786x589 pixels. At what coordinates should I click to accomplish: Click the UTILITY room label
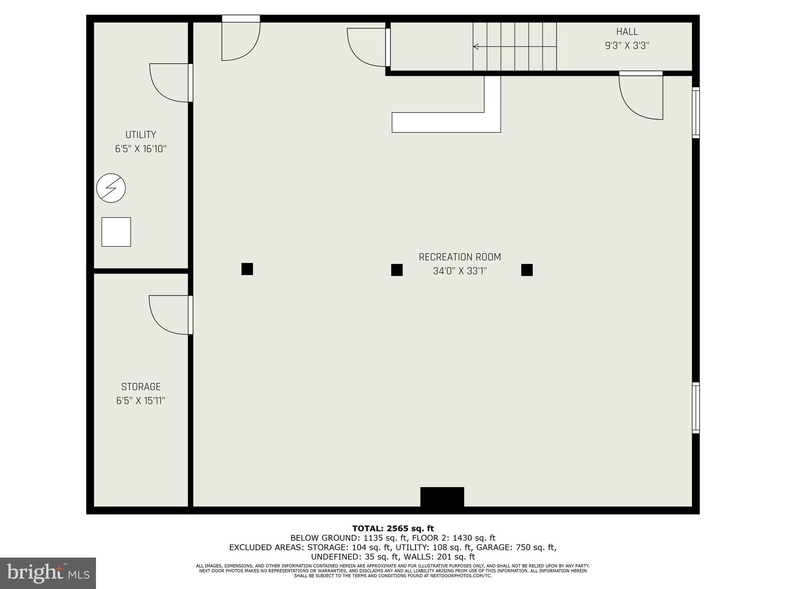140,135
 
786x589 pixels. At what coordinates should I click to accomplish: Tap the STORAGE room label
140,387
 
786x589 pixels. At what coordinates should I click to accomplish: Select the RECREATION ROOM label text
459,257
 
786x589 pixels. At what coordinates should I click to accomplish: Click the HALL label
627,32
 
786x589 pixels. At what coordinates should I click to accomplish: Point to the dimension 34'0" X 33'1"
459,271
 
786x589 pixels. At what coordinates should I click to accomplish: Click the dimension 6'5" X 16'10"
140,149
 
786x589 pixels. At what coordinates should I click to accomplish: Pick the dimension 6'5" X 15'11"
140,401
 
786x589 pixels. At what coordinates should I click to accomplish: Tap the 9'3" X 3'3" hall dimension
627,46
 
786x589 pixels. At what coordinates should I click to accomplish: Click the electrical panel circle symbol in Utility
111,188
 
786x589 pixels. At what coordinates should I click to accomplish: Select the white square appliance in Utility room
116,232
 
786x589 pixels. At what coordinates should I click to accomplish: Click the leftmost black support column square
247,269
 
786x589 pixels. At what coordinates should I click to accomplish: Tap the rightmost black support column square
527,270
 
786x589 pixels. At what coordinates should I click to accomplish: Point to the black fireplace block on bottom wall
442,497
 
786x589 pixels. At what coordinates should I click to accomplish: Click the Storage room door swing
169,314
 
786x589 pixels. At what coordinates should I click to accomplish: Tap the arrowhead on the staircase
476,46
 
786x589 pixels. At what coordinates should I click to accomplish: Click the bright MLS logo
48,573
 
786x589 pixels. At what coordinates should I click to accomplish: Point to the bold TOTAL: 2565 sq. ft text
393,528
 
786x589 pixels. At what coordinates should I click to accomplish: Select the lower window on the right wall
695,408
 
